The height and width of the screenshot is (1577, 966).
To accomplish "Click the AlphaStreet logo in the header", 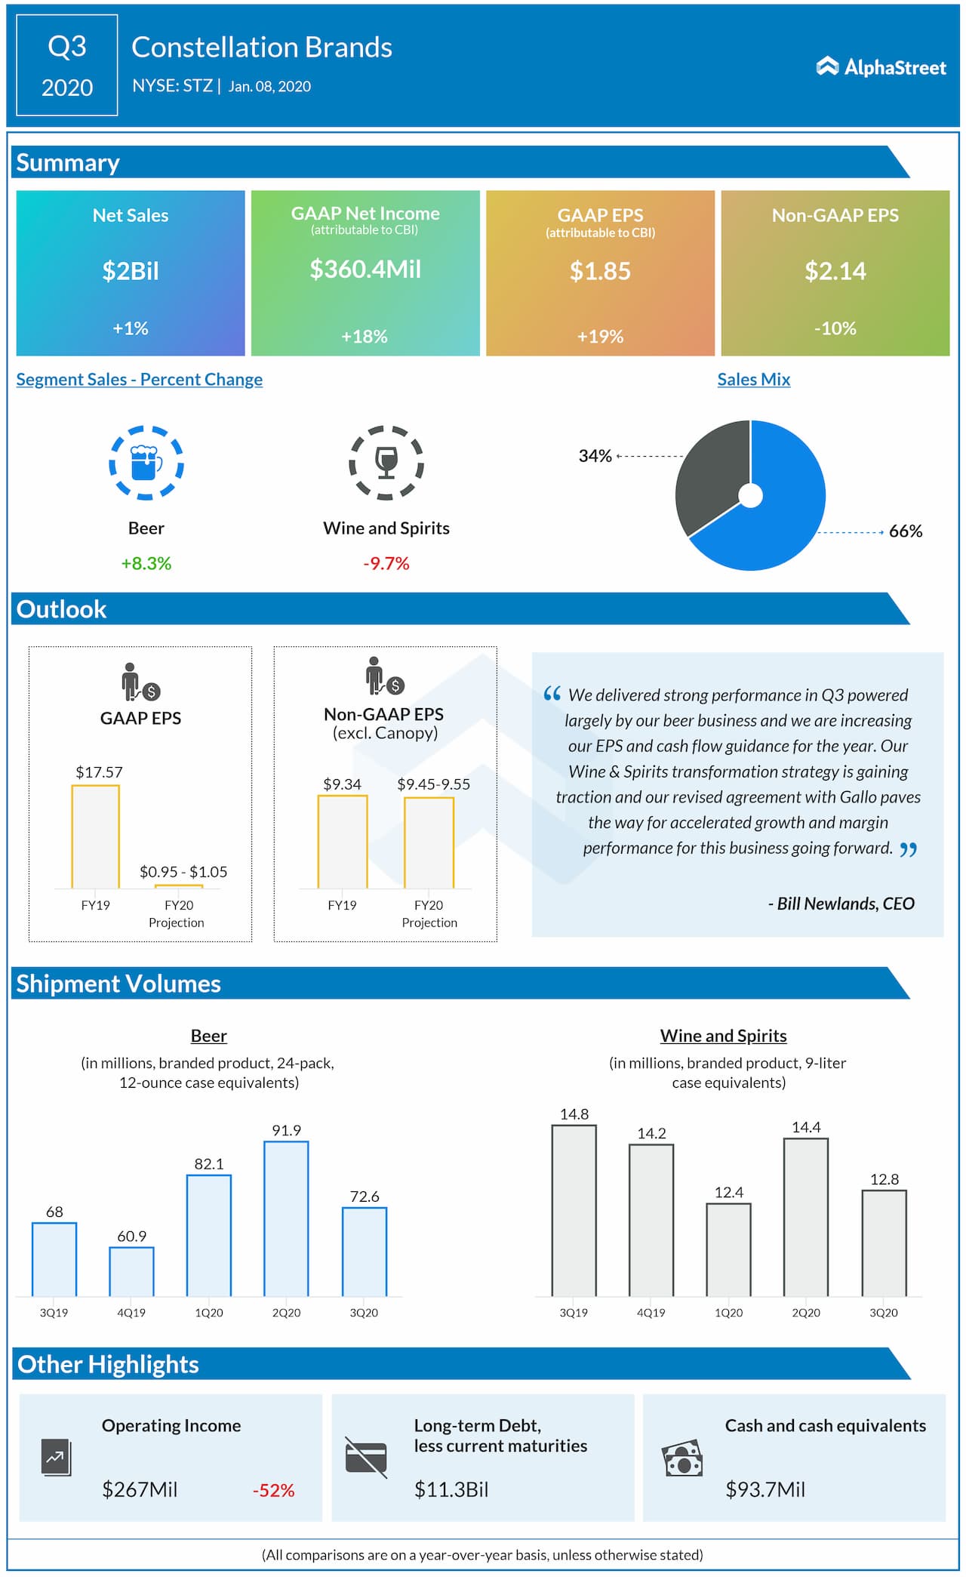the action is [x=881, y=67].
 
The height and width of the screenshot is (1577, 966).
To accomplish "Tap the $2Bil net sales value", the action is [x=131, y=271].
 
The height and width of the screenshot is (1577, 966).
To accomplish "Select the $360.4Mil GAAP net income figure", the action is [x=365, y=269].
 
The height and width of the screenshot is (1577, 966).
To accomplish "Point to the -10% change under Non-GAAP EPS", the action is [x=835, y=328].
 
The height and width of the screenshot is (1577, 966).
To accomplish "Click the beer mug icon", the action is [x=146, y=463].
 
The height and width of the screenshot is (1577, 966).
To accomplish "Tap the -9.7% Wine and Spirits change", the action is [x=386, y=563].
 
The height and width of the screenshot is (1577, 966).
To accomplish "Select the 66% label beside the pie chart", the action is [x=906, y=531].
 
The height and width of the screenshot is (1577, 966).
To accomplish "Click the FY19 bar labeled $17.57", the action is [x=95, y=836].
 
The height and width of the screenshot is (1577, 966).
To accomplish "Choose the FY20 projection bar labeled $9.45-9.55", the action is [x=429, y=842].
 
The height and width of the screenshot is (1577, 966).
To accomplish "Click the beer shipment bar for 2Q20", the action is [x=286, y=1218].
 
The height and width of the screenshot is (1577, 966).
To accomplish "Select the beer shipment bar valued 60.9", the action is [x=131, y=1271].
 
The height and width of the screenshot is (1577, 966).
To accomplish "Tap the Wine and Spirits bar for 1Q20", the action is [x=728, y=1249].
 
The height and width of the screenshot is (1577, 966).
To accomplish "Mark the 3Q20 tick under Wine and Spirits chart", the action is [x=884, y=1313].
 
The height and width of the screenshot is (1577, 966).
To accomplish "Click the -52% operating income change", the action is [x=273, y=1490].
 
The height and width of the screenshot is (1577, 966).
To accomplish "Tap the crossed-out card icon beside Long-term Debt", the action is [x=366, y=1457].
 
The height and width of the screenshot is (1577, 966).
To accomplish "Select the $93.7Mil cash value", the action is [x=765, y=1489].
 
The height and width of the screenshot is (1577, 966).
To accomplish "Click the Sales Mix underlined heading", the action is [x=754, y=380].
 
